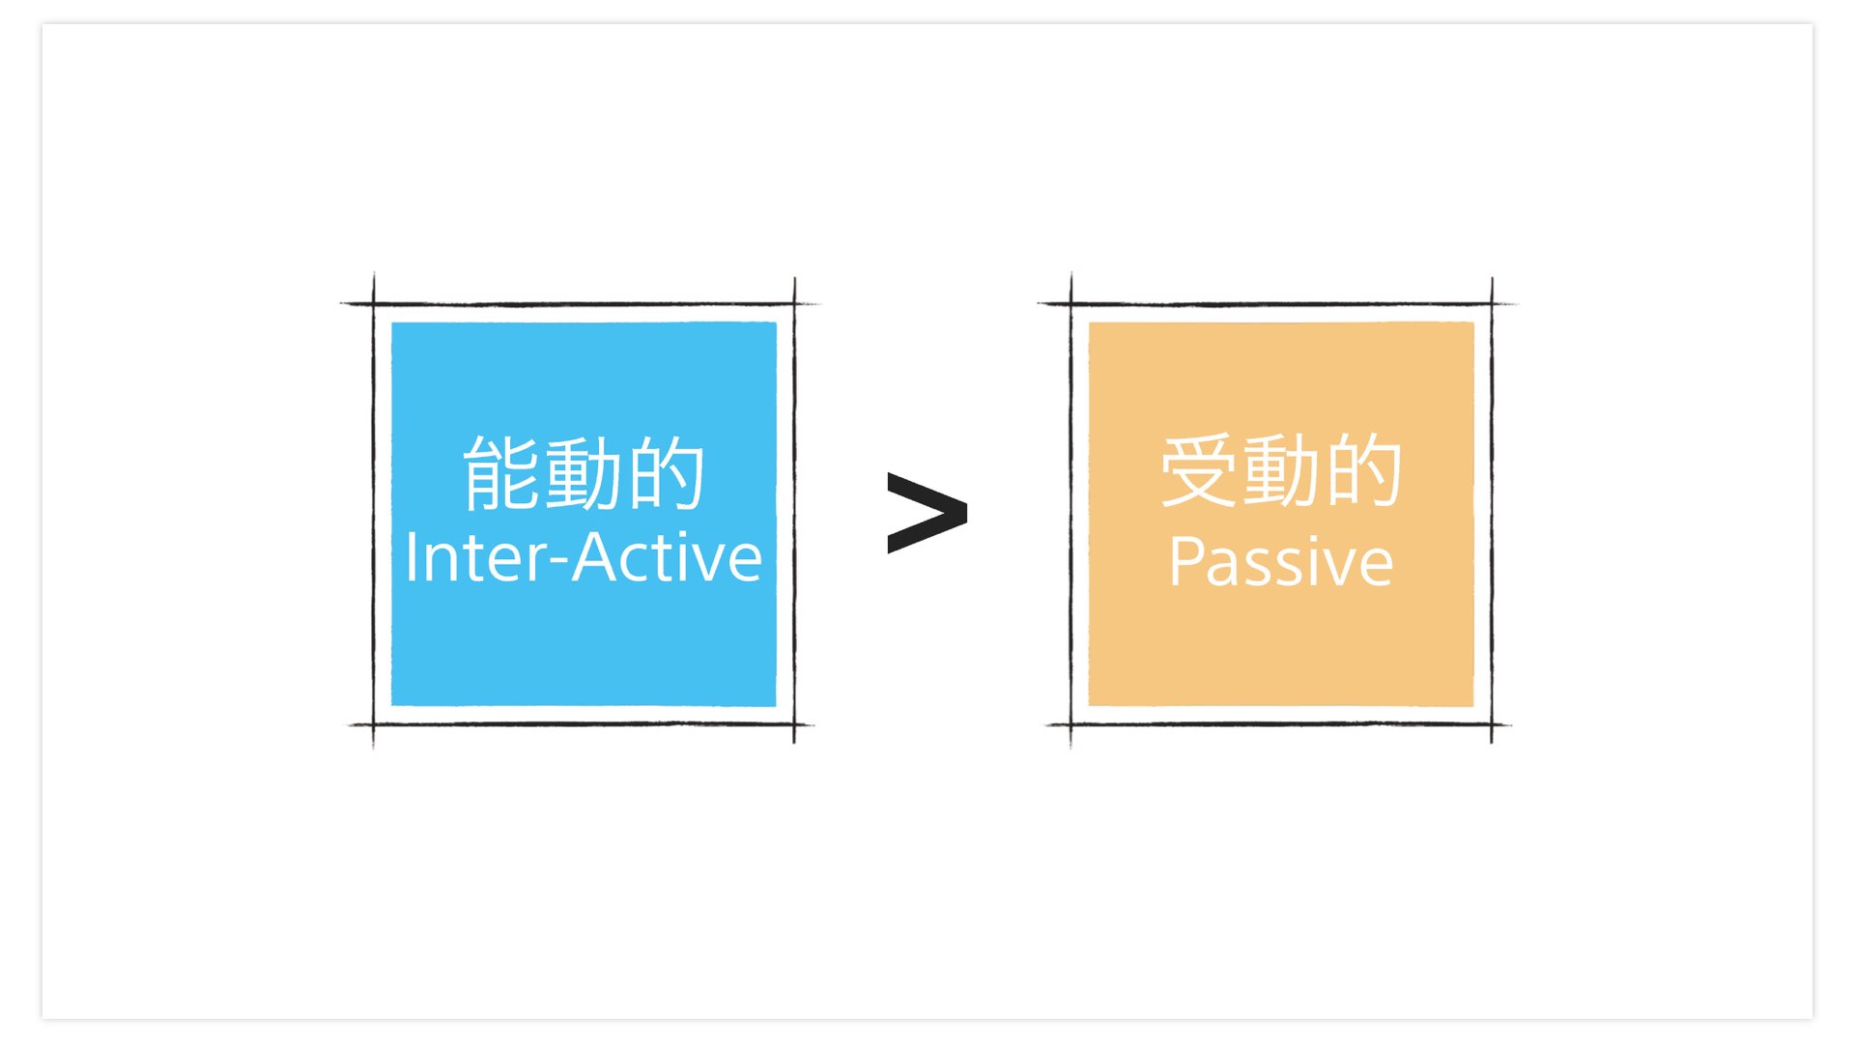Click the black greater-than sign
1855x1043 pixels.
pos(927,513)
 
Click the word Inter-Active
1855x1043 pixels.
pos(584,557)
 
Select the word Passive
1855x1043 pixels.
pos(1281,561)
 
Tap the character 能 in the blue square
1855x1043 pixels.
pos(502,472)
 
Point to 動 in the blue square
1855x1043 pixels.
pos(584,472)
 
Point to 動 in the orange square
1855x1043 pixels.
pos(1281,470)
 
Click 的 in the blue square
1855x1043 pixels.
pos(666,472)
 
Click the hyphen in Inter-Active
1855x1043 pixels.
pos(558,563)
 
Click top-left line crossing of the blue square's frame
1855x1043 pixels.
pos(374,304)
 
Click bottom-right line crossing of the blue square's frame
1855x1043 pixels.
pos(794,724)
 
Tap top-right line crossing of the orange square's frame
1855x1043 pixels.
pos(1492,304)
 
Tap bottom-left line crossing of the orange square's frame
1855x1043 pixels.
pos(1070,724)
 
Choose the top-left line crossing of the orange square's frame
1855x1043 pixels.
pos(1070,304)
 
